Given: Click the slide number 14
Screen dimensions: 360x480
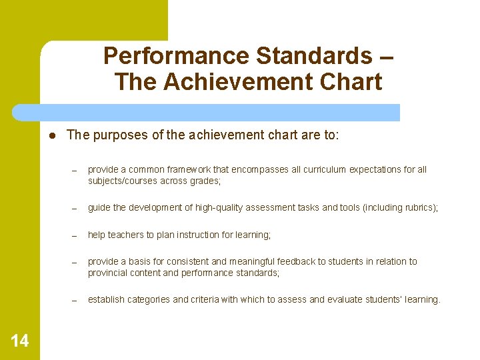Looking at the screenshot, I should point(20,341).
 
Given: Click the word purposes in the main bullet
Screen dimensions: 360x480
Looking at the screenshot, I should point(118,135).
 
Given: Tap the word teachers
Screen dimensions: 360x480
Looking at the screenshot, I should point(129,235).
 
